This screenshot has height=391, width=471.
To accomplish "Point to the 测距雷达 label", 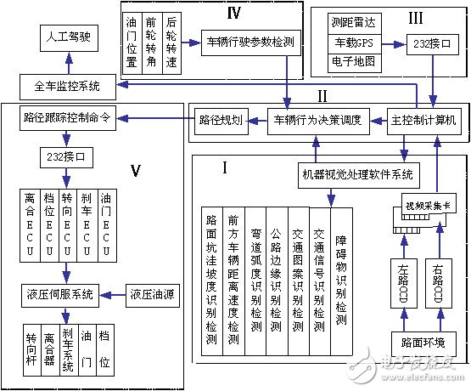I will tap(348, 22).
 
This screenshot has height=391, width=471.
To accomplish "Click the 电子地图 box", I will tap(348, 60).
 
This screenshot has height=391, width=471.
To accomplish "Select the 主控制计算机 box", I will tap(423, 120).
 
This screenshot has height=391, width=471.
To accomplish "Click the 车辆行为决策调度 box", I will tap(317, 120).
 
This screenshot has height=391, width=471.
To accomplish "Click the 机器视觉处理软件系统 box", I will tap(357, 174).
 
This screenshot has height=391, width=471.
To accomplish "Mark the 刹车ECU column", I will tap(85, 225).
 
